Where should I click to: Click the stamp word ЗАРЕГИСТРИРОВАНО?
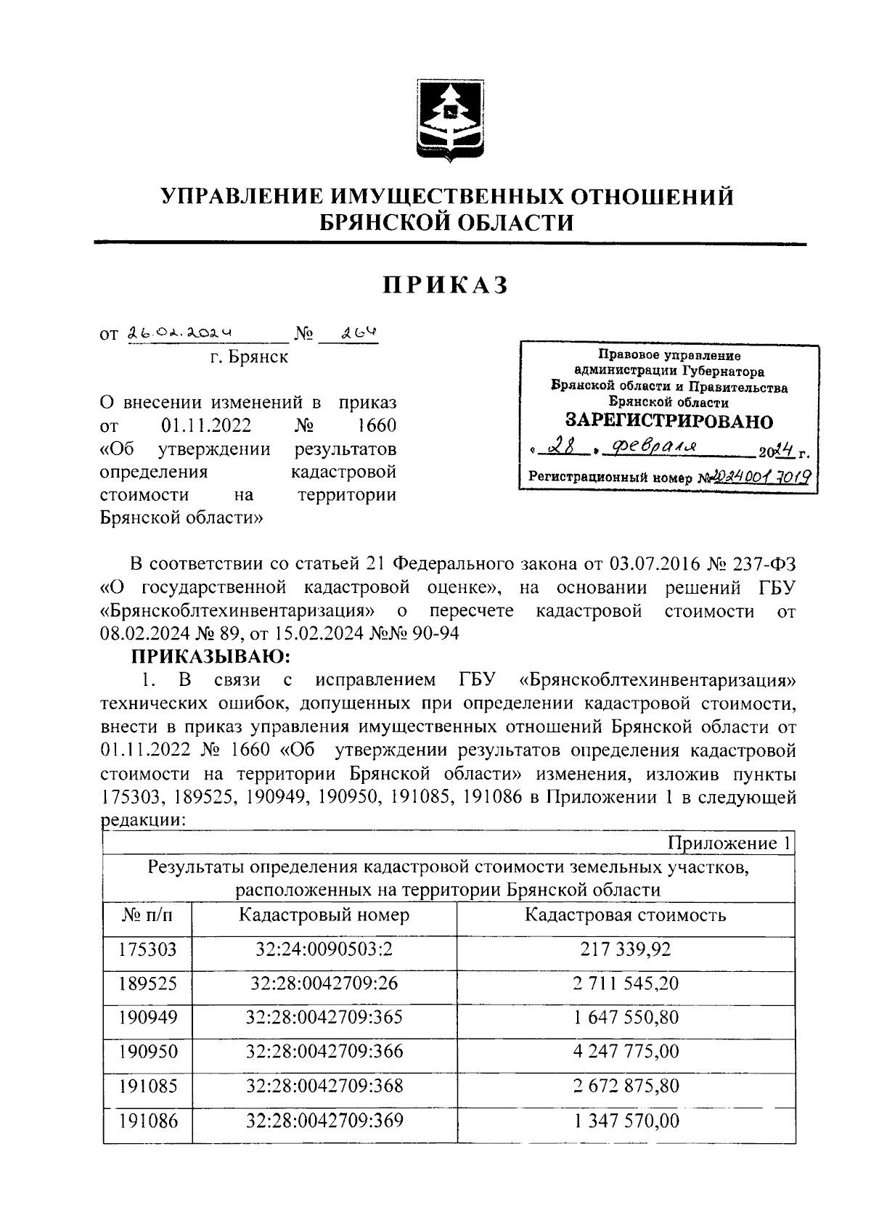pos(668,422)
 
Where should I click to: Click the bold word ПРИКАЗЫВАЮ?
pos(210,657)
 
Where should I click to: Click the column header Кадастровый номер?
pos(324,915)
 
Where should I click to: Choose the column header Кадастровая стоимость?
pos(625,915)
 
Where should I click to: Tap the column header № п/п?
pos(147,915)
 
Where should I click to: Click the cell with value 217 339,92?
pos(626,949)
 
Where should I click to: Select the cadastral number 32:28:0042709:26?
pos(324,983)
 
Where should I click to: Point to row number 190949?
pos(147,1018)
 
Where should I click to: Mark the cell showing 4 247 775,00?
pos(626,1052)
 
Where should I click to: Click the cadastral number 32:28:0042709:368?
pos(324,1086)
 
